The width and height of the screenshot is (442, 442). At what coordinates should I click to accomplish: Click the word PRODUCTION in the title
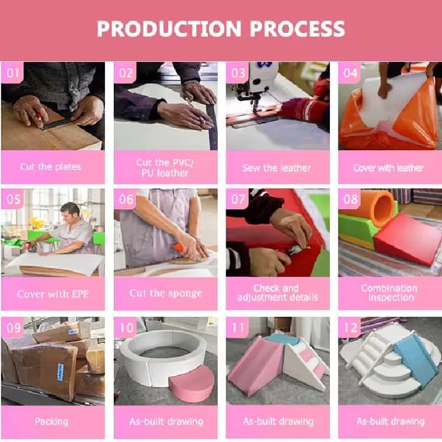169,29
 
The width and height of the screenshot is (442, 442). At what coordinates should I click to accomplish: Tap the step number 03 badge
238,72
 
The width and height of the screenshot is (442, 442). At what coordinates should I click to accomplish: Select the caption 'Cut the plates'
51,167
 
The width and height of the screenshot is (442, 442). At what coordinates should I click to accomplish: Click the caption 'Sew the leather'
276,168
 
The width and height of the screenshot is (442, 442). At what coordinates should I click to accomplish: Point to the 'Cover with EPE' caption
53,294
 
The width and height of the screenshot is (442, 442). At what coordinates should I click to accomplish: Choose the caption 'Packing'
52,421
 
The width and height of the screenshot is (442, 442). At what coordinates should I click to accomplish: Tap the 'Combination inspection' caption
390,292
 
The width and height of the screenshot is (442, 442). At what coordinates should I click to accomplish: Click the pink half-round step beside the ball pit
192,383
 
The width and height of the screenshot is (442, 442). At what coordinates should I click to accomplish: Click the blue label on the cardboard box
61,372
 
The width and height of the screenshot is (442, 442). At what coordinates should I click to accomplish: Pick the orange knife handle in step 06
179,248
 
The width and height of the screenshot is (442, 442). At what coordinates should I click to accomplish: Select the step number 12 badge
349,327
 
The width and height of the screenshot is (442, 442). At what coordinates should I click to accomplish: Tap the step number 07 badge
238,199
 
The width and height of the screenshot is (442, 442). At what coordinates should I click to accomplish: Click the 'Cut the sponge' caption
166,293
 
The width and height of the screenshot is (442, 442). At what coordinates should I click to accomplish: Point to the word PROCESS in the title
298,29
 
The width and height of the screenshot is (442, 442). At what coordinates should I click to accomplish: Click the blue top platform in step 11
282,339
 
